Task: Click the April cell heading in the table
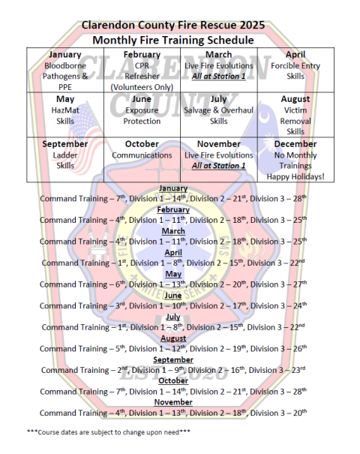pyautogui.click(x=295, y=55)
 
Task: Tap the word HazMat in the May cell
pyautogui.click(x=65, y=110)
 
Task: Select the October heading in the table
pyautogui.click(x=142, y=144)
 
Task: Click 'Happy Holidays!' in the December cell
pyautogui.click(x=295, y=176)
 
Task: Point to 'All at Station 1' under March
pyautogui.click(x=219, y=76)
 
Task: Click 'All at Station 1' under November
pyautogui.click(x=219, y=166)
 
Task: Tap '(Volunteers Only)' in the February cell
pyautogui.click(x=142, y=87)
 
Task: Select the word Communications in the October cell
pyautogui.click(x=142, y=155)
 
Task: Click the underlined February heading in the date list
pyautogui.click(x=173, y=209)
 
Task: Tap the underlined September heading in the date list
pyautogui.click(x=173, y=359)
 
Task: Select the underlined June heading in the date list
pyautogui.click(x=173, y=296)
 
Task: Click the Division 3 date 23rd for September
pyautogui.click(x=298, y=370)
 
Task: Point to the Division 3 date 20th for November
pyautogui.click(x=300, y=413)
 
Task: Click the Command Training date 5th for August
pyautogui.click(x=120, y=348)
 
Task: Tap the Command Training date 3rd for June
pyautogui.click(x=121, y=305)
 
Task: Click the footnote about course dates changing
pyautogui.click(x=109, y=432)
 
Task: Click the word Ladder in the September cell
pyautogui.click(x=65, y=155)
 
